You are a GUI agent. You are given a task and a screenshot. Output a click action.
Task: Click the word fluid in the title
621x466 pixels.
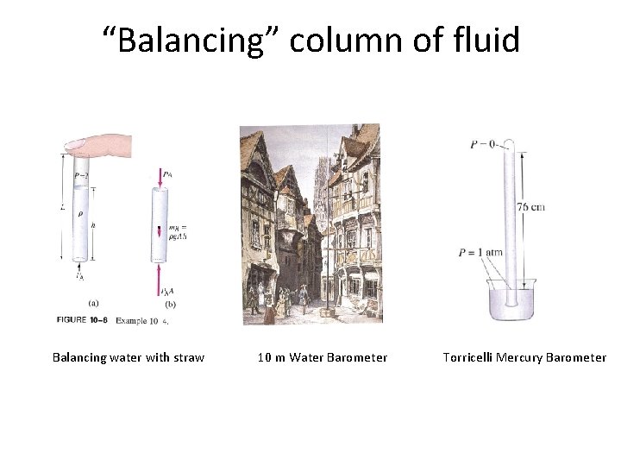point(486,39)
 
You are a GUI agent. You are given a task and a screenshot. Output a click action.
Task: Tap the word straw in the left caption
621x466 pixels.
point(186,357)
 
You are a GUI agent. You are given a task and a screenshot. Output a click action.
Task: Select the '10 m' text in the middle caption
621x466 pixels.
point(272,357)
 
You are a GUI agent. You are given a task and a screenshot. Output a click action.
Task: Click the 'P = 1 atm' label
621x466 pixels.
point(480,253)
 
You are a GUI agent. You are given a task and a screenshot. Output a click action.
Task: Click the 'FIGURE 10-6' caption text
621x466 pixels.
point(85,319)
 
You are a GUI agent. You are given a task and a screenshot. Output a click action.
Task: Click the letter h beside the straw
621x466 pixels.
point(93,227)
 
